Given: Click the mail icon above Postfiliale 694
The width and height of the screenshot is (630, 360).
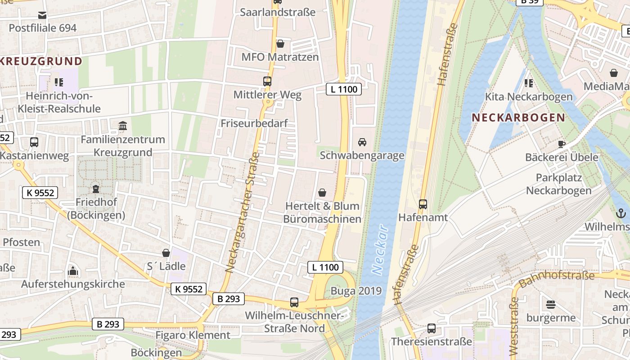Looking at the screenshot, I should (x=42, y=15).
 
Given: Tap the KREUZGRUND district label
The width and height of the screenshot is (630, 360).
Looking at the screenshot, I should (x=41, y=61).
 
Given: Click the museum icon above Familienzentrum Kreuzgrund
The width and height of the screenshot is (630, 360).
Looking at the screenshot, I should (x=123, y=126).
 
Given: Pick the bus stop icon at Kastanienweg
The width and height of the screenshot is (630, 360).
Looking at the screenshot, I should (x=34, y=142).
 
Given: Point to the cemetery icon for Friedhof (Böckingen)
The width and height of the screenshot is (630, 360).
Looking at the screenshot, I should (x=95, y=189).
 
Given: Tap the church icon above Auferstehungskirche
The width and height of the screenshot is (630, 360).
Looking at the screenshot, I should (x=73, y=271).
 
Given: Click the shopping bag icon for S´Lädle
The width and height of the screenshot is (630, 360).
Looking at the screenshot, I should (x=166, y=253).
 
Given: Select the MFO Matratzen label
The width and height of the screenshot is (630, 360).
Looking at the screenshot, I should (x=280, y=57).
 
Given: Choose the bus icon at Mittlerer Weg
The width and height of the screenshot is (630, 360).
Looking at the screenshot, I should (x=267, y=81).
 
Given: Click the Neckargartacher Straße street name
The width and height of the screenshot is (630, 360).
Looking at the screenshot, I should (x=243, y=212).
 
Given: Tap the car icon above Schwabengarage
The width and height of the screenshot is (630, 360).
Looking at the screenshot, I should (x=362, y=142).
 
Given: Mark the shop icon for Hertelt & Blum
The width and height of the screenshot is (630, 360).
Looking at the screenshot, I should (x=322, y=193).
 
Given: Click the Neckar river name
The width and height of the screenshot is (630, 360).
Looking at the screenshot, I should (x=380, y=249).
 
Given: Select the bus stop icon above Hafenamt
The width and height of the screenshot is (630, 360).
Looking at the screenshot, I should (x=423, y=204).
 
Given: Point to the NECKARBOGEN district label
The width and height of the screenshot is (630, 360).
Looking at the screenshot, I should (x=518, y=118).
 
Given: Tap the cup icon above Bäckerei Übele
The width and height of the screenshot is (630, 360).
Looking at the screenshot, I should (x=562, y=144).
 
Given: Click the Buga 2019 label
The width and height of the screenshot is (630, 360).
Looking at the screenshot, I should (x=356, y=291).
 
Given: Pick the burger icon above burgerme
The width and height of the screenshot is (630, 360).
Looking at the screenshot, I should (x=551, y=305).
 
